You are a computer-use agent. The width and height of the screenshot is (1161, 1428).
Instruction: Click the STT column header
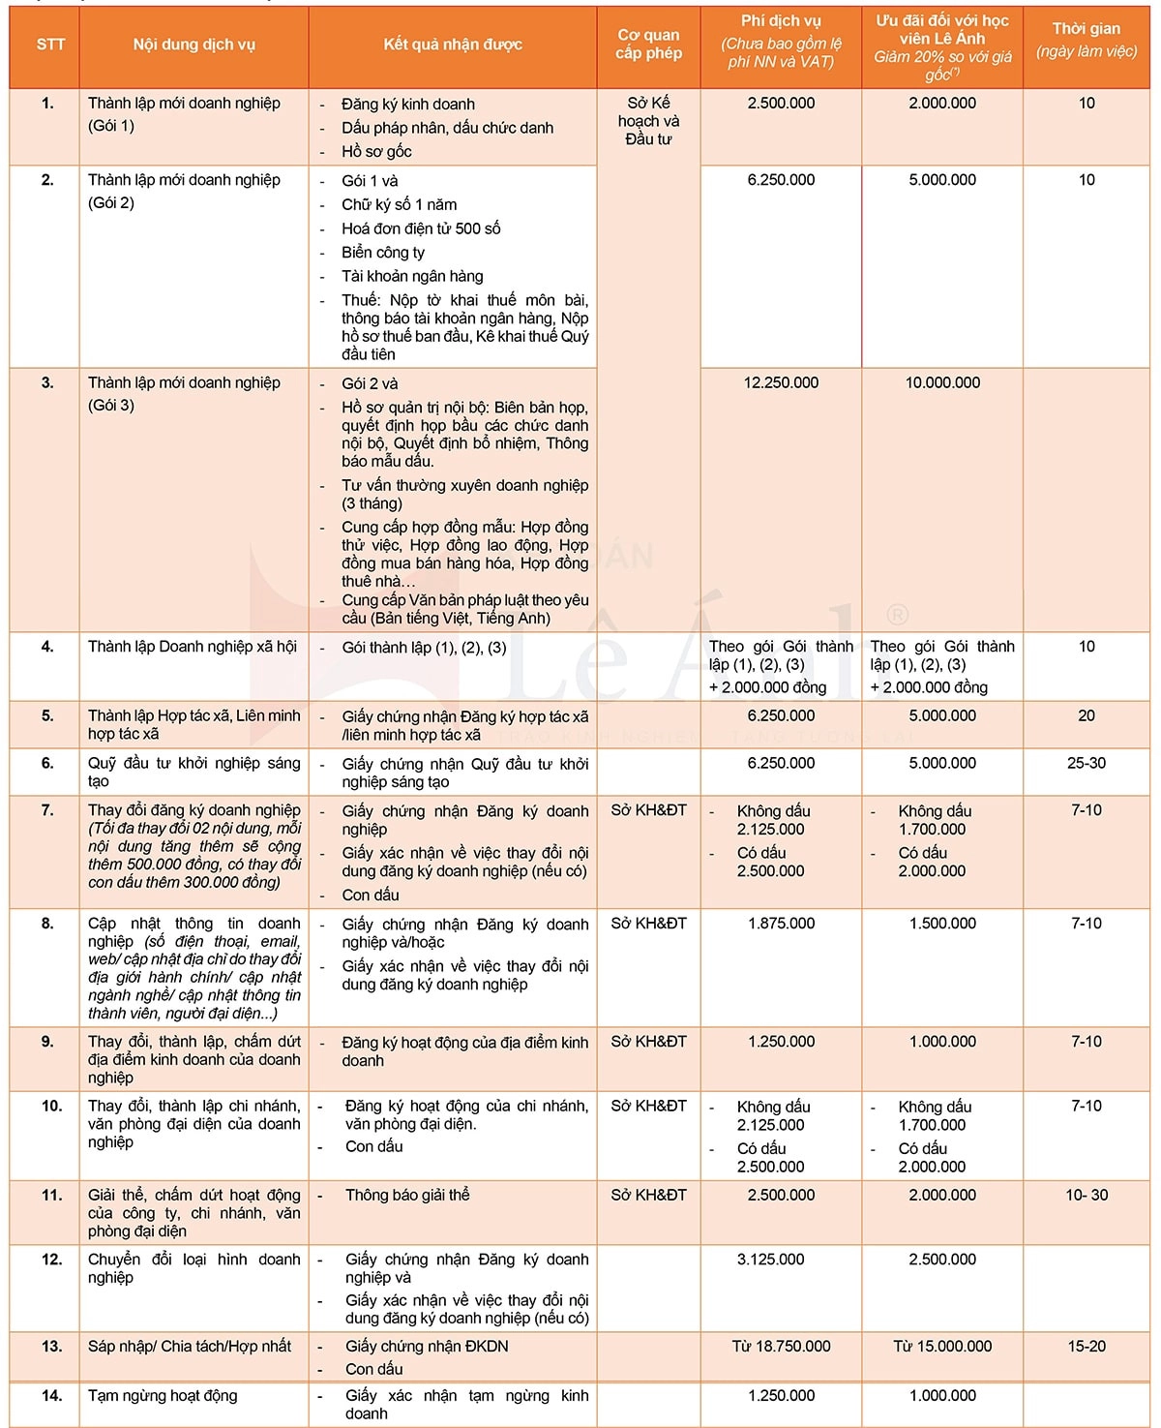point(50,45)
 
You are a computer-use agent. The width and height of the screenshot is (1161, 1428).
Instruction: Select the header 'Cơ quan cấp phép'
point(648,45)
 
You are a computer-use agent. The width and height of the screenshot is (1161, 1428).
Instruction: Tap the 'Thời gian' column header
point(1086,40)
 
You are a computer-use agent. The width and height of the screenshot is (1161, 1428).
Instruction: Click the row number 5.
point(47,715)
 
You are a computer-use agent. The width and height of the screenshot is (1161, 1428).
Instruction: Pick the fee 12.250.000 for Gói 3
point(781,382)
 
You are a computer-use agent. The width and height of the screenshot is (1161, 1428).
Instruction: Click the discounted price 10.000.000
point(942,382)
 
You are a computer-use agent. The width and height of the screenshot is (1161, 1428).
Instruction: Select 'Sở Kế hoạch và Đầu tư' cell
point(648,121)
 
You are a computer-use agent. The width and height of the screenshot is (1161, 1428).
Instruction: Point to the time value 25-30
point(1086,763)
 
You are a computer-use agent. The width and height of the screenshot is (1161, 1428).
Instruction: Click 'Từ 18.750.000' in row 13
point(781,1346)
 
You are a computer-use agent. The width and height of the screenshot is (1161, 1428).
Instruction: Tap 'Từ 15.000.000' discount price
point(942,1346)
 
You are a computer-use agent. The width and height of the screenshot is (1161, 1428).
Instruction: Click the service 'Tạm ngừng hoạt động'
point(163,1395)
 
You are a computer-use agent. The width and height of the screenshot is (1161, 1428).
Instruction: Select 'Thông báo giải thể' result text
point(407,1195)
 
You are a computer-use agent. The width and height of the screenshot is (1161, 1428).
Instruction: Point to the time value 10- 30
point(1086,1195)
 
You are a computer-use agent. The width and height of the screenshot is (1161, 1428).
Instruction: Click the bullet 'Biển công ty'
point(383,252)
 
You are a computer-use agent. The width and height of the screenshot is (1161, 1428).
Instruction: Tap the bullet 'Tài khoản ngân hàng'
point(412,276)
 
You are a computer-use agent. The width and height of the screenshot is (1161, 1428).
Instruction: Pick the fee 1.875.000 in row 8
point(781,923)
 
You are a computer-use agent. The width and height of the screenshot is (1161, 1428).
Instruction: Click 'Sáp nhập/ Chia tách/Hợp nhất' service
point(190,1346)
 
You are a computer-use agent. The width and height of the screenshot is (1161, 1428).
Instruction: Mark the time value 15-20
point(1086,1346)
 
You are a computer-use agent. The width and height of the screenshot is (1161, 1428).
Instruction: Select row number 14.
point(51,1395)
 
